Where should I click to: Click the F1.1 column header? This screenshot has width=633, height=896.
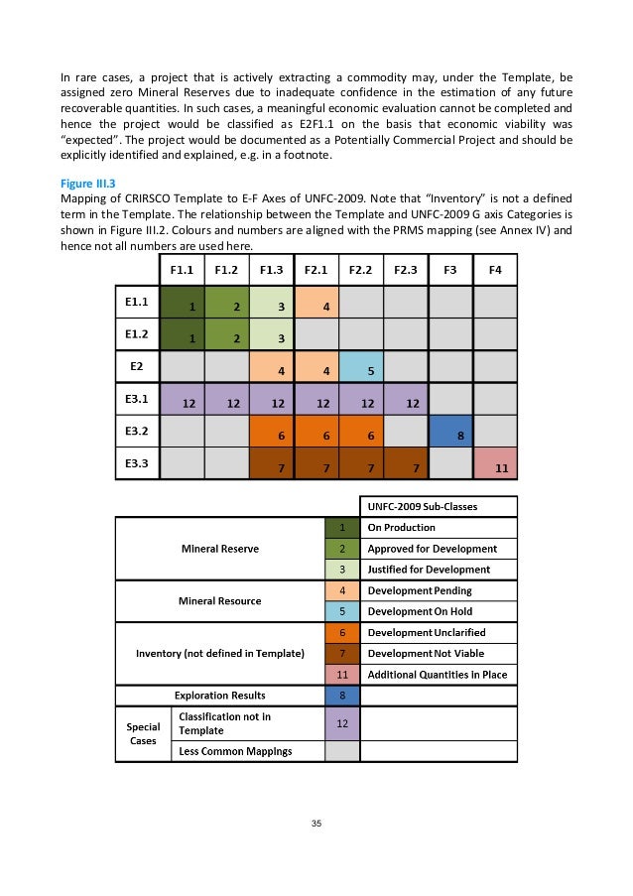182,270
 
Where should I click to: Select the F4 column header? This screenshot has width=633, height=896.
495,270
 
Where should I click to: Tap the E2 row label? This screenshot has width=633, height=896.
137,366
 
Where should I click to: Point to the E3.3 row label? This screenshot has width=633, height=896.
137,461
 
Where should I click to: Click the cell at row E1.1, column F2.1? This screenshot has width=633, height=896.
316,303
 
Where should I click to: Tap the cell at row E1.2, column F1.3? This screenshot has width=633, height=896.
271,335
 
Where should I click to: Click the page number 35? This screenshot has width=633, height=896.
316,824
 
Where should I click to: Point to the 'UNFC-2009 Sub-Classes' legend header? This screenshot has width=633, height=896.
437,506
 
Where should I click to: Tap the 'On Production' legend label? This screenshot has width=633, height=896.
401,527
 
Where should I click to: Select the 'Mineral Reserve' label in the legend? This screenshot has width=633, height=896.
220,548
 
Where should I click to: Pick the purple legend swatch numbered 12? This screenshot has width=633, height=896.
341,725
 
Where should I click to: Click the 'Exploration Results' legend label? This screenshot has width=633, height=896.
220,696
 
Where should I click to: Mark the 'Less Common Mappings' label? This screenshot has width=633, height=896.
234,751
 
